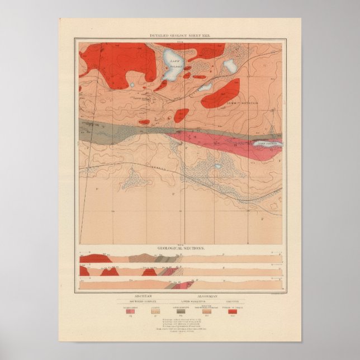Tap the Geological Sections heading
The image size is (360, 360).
(181, 247)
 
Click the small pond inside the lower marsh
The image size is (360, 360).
(218, 166)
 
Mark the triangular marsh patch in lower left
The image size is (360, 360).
(133, 179)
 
